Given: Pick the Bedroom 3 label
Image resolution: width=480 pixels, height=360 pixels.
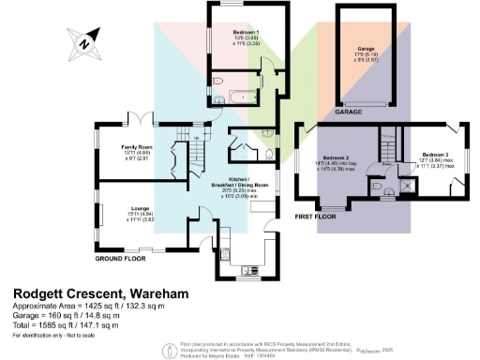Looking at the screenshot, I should (435, 159).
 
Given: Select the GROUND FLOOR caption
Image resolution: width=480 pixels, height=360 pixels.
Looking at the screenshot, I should (122, 256).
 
